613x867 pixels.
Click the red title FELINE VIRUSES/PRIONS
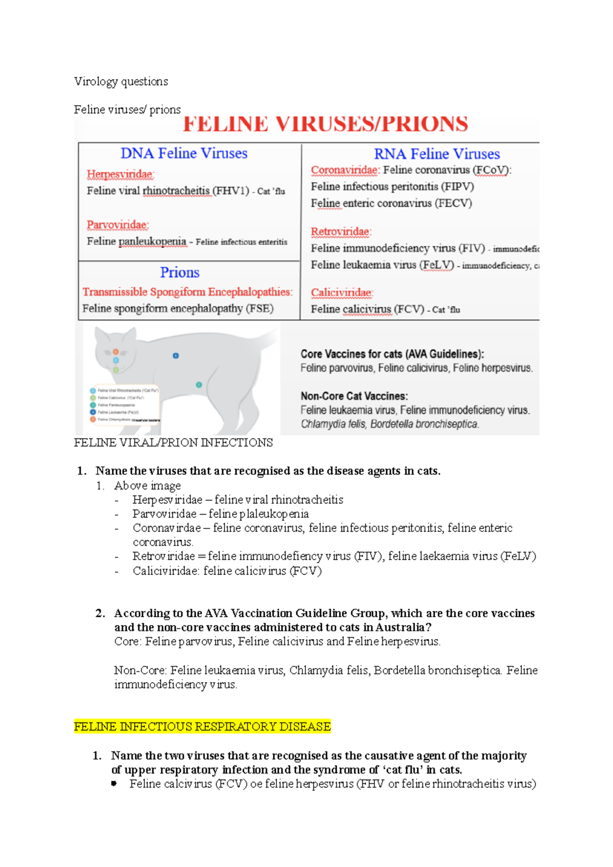[x=325, y=125]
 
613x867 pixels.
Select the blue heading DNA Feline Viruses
[x=184, y=153]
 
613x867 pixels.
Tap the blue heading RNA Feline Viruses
[x=437, y=154]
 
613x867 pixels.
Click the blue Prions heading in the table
[x=180, y=272]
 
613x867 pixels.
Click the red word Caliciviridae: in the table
[x=342, y=293]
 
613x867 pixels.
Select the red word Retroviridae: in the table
[x=341, y=232]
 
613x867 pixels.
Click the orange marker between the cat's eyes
[x=116, y=352]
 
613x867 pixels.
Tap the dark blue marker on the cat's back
[x=176, y=355]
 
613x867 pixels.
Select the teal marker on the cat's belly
[x=199, y=384]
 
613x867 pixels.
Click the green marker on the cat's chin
[x=116, y=370]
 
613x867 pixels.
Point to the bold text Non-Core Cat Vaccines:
[x=354, y=396]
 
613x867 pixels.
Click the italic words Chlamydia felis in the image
[x=333, y=424]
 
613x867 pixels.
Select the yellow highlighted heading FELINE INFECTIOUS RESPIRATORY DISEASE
[x=202, y=726]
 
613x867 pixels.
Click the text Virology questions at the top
[x=121, y=81]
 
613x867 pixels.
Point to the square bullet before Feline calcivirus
[x=114, y=783]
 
